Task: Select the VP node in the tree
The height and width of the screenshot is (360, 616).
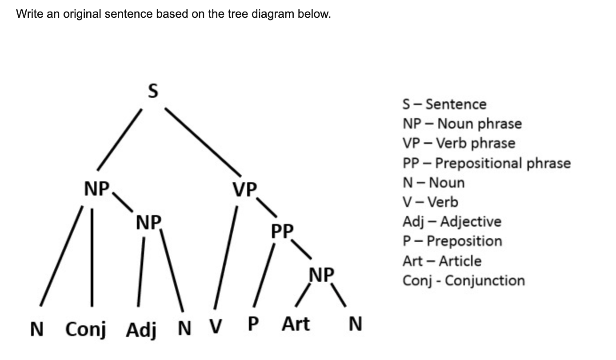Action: click(x=244, y=190)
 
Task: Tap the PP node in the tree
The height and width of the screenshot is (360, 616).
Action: click(x=282, y=231)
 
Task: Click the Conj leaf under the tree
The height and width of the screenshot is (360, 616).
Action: click(x=85, y=330)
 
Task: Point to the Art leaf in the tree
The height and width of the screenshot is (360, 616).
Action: click(x=296, y=324)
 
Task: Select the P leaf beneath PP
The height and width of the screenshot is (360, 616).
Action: click(x=252, y=324)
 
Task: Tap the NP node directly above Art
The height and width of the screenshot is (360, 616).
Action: click(x=321, y=275)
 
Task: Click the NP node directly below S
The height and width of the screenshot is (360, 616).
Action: click(x=97, y=189)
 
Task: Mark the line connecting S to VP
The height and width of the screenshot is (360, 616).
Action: click(x=204, y=141)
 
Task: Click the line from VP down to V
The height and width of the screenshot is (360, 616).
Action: click(x=226, y=258)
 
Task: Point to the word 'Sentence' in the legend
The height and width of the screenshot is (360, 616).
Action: click(x=456, y=104)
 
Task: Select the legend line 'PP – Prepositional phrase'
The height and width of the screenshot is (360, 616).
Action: click(x=486, y=163)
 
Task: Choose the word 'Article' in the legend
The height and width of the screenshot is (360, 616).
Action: click(x=460, y=261)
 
